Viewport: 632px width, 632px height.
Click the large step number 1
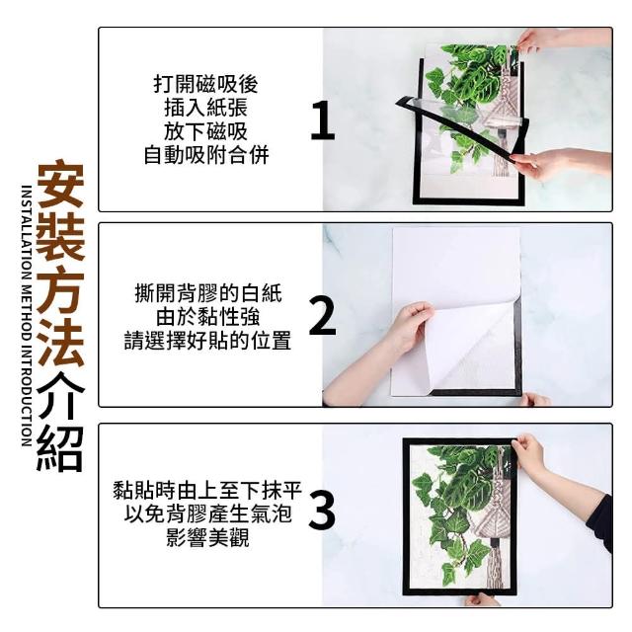coord(323,120)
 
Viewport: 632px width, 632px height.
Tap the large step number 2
coord(323,316)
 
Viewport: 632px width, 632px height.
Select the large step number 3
coord(322,511)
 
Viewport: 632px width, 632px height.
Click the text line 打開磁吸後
coord(205,84)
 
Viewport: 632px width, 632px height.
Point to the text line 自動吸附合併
coord(206,156)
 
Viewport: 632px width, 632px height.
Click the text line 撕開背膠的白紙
coord(208,293)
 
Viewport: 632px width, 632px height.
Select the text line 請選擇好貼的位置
coord(207,341)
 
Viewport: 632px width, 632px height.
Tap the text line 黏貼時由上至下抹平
coord(207,491)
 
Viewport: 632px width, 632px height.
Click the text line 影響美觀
coord(207,537)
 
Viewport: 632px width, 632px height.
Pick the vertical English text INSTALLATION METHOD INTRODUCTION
coord(27,316)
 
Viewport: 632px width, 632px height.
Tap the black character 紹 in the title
coord(60,448)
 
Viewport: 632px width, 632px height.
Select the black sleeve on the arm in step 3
coord(601,524)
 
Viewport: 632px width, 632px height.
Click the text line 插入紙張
coord(206,108)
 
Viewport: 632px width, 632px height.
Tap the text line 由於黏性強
coord(208,317)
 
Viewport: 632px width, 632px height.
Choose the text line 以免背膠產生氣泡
coord(207,513)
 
